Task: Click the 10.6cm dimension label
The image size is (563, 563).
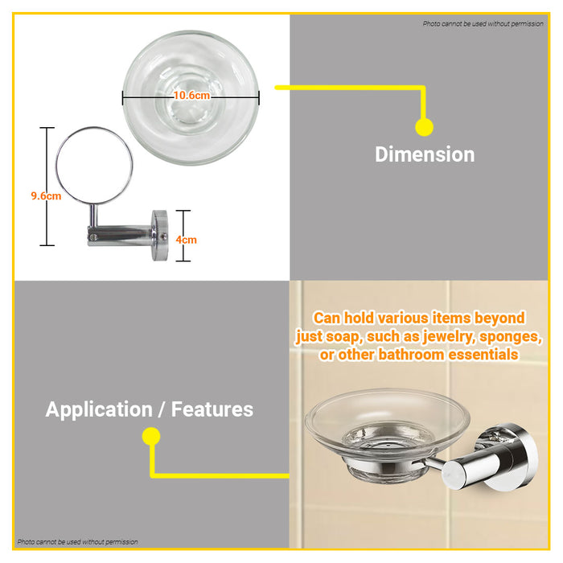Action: point(191,96)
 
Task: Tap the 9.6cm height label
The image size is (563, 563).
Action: point(46,196)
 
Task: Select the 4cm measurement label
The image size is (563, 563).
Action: point(186,240)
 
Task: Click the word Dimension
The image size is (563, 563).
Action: point(425,154)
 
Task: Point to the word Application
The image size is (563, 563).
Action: point(99,410)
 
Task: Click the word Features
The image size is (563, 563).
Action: point(212,409)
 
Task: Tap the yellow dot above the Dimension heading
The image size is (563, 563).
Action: point(425,127)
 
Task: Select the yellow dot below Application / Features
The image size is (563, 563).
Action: point(151,436)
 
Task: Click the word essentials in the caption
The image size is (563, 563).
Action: point(483,355)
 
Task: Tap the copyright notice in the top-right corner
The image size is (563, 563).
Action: point(483,23)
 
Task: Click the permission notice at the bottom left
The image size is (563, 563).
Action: point(77,541)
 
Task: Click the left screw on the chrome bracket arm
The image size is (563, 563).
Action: point(93,237)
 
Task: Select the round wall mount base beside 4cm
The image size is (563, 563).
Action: point(159,235)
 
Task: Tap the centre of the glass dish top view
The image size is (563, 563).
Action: point(191,97)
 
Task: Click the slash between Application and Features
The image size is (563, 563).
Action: point(162,410)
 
